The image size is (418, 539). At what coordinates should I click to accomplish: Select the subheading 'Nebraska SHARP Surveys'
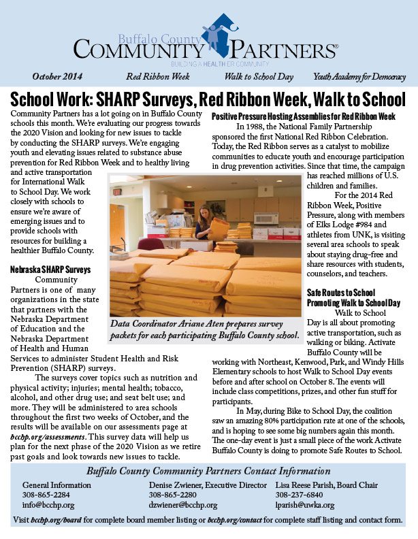(x=50, y=269)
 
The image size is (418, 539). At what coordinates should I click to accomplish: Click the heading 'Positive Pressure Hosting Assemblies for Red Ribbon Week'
(x=303, y=116)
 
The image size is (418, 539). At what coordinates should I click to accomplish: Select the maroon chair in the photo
(x=150, y=244)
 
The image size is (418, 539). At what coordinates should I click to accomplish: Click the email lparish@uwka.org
(x=305, y=505)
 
